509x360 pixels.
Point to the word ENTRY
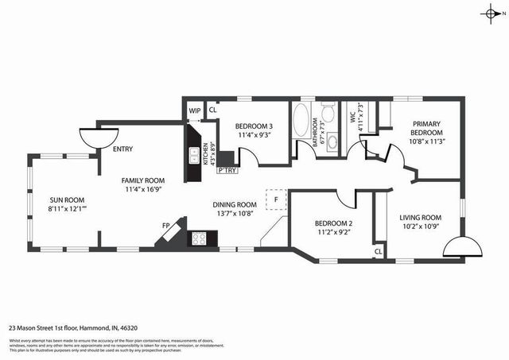point(123,149)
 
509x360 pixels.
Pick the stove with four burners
point(199,238)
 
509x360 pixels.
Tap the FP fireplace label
point(165,226)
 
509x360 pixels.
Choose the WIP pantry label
point(194,110)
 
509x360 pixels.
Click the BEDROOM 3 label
point(254,126)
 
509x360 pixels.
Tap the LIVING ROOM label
point(420,218)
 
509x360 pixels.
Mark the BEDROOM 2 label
point(333,224)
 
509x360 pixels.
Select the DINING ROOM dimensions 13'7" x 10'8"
point(234,213)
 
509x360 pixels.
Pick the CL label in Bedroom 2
point(379,252)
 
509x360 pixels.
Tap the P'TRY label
point(227,170)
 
